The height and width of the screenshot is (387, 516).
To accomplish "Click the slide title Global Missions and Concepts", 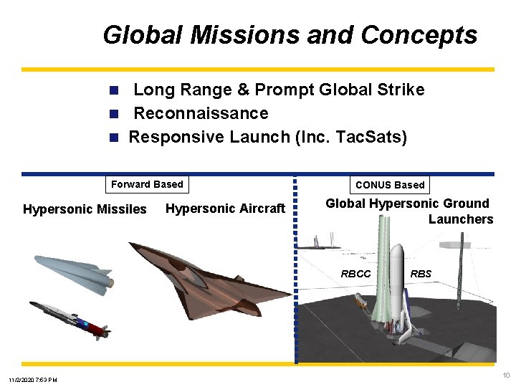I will [290, 34].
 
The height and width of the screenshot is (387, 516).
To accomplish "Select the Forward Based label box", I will [147, 184].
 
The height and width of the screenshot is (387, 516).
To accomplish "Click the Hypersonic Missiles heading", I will [85, 209].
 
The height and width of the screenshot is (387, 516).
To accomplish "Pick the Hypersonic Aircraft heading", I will [225, 209].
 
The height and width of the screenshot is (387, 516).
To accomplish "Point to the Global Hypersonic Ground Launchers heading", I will [408, 211].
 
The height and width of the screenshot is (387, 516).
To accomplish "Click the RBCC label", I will [355, 274].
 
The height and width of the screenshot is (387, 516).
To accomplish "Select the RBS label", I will [421, 274].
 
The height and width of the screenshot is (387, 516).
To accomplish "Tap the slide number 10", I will [506, 376].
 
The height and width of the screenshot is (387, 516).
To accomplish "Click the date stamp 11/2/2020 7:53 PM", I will [33, 379].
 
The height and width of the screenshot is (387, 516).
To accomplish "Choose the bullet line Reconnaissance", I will [201, 113].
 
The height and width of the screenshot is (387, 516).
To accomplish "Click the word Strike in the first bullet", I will [398, 90].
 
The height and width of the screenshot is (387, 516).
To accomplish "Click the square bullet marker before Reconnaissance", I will [113, 114].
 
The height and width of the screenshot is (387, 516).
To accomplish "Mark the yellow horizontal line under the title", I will [258, 70].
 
